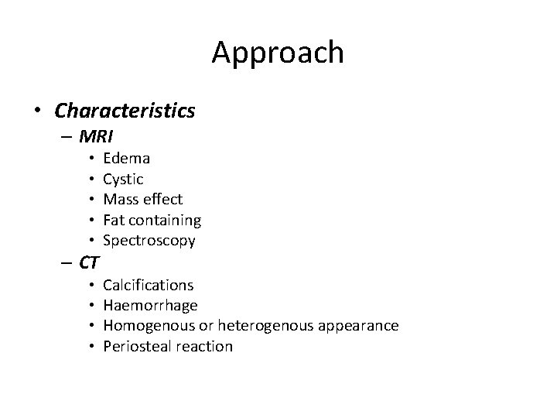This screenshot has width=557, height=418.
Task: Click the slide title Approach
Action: pyautogui.click(x=278, y=53)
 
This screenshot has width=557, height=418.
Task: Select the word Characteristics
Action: pyautogui.click(x=125, y=111)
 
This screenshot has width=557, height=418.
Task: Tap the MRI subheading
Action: pyautogui.click(x=96, y=137)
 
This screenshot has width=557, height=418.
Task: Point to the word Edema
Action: pyautogui.click(x=127, y=158)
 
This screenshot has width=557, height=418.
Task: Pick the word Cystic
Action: pyautogui.click(x=123, y=179)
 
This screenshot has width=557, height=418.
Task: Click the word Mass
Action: pyautogui.click(x=120, y=200)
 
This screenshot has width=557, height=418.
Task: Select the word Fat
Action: pyautogui.click(x=113, y=221)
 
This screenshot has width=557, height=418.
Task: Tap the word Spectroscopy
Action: pyautogui.click(x=149, y=242)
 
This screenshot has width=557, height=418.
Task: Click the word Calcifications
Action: pyautogui.click(x=149, y=285)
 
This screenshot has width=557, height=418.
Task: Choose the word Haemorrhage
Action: pyautogui.click(x=150, y=305)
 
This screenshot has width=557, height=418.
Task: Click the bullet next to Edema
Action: pyautogui.click(x=91, y=158)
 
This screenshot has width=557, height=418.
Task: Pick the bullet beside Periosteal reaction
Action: pyautogui.click(x=91, y=346)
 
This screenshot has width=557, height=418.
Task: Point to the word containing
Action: pyautogui.click(x=165, y=221)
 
